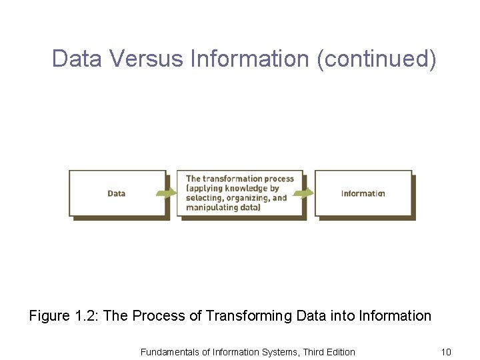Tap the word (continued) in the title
click(377, 59)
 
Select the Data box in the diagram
click(117, 193)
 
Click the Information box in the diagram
click(363, 193)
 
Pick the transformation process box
click(240, 193)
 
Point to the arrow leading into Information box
click(305, 193)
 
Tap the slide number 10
click(446, 352)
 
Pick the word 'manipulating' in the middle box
click(213, 207)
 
